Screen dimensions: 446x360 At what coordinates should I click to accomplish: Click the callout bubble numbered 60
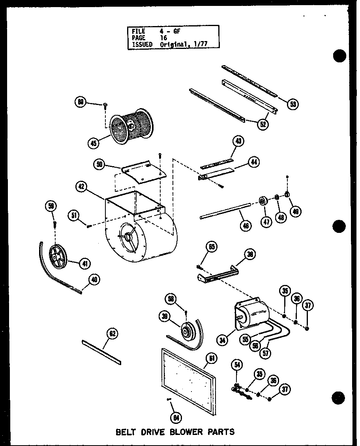[x=81, y=102]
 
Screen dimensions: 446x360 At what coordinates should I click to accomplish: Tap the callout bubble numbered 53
[x=292, y=104]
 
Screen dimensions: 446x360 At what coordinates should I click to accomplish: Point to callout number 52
[x=262, y=124]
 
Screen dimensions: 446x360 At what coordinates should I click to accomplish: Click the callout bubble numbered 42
[x=82, y=187]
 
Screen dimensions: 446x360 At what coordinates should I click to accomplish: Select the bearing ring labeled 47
[x=262, y=202]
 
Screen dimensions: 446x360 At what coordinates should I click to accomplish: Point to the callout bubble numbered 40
[x=94, y=280]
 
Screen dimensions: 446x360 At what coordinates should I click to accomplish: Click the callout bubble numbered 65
[x=212, y=247]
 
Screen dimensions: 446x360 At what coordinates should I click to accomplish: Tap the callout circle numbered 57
[x=266, y=353]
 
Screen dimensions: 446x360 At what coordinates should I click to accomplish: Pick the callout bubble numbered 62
[x=112, y=334]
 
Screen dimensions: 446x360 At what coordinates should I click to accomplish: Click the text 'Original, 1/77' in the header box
[x=184, y=45]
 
